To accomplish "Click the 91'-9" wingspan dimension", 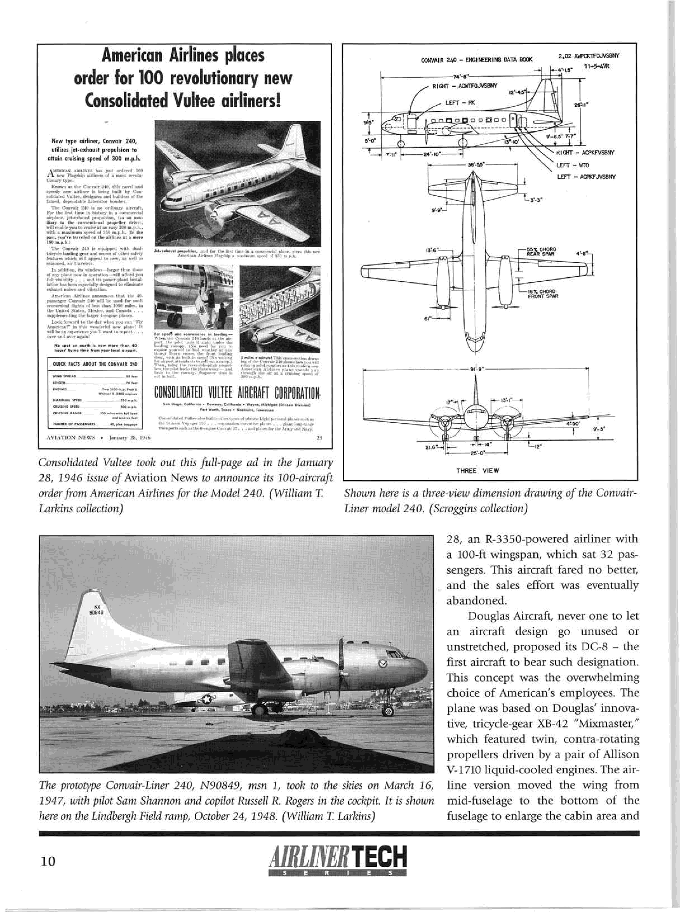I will (476, 369).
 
